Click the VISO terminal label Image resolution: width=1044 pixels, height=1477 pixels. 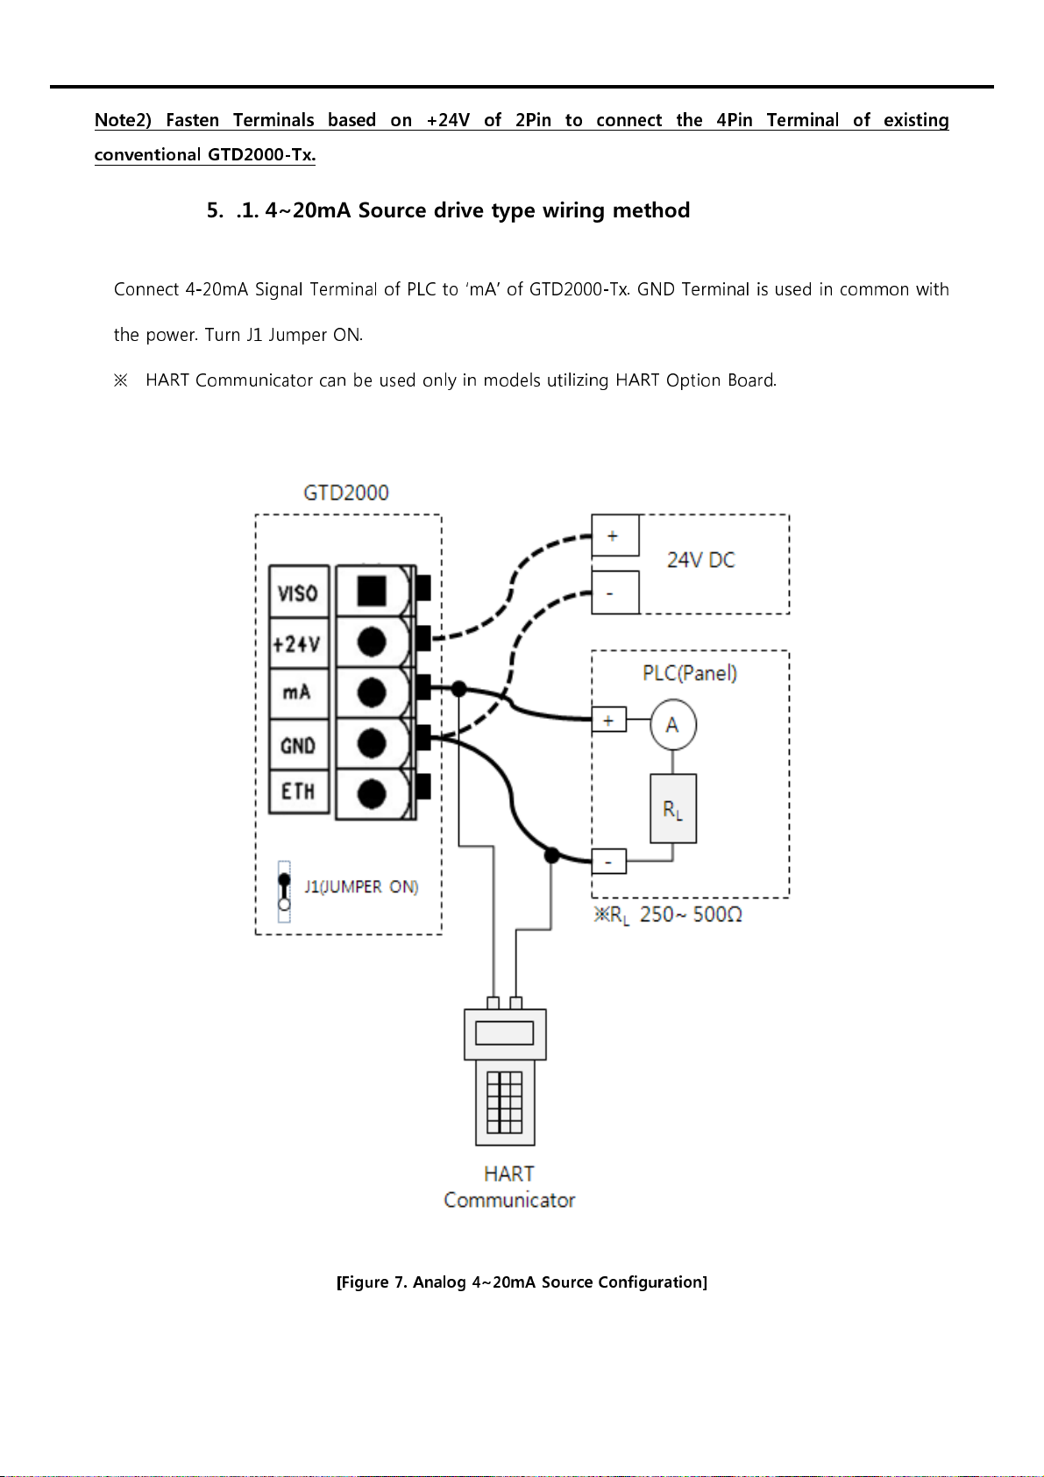298,593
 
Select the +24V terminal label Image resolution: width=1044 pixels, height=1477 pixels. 297,643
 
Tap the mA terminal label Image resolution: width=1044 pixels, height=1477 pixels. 296,692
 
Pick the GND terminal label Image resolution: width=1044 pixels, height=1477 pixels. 297,745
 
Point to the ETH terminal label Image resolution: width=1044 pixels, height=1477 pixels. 297,792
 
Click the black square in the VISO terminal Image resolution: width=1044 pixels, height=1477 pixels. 372,591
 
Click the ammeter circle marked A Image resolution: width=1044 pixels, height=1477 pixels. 672,725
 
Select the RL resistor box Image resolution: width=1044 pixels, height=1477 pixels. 672,808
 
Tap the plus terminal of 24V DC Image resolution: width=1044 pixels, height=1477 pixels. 614,536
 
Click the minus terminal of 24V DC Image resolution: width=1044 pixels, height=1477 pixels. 614,593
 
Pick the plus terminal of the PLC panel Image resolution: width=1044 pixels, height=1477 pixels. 608,720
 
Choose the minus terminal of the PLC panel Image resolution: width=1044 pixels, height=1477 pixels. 608,861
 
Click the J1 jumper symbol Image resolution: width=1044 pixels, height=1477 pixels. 284,891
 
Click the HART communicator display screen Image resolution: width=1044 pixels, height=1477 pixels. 505,1033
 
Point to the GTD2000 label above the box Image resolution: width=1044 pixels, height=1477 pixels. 346,493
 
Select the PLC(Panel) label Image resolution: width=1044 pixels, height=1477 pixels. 690,672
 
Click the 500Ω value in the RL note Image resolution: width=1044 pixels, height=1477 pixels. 718,914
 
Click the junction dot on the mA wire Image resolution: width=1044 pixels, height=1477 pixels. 459,689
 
